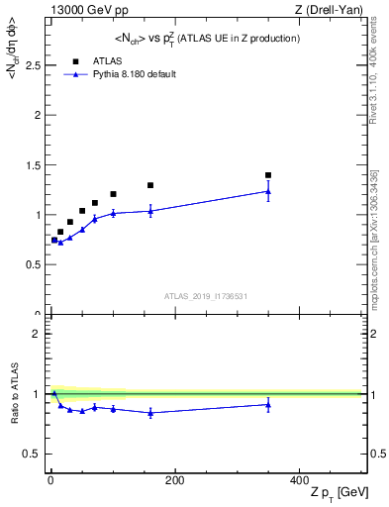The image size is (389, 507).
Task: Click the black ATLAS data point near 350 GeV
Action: [268, 175]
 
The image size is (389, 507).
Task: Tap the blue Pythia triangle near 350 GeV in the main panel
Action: [268, 191]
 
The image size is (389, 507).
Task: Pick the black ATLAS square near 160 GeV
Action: [150, 185]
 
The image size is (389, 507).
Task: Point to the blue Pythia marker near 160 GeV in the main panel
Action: [150, 210]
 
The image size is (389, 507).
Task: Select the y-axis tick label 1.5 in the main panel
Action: [32, 164]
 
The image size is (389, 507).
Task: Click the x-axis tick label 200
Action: [175, 479]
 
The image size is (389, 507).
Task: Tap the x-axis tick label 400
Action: [299, 479]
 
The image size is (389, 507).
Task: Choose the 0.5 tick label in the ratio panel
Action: [32, 454]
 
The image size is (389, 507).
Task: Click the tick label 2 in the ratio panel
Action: [36, 334]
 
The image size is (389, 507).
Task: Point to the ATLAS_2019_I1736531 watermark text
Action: [206, 296]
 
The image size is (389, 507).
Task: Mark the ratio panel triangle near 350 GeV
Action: [268, 404]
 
